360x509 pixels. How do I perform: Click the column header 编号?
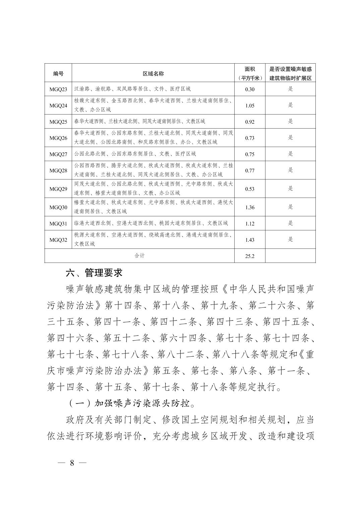(x=58, y=73)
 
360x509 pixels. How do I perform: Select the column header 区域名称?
(x=153, y=73)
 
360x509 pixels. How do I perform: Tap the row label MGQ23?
(x=58, y=89)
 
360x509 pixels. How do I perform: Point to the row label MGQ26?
(x=58, y=138)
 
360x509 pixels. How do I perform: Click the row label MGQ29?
(x=58, y=189)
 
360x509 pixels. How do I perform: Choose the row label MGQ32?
(x=58, y=239)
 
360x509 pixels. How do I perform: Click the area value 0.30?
(x=250, y=89)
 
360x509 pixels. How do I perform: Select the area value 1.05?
(x=250, y=105)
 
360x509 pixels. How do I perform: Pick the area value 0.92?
(x=250, y=122)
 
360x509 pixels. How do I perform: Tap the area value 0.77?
(x=250, y=170)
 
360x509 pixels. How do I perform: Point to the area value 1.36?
(x=250, y=207)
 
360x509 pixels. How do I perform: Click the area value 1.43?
(x=250, y=240)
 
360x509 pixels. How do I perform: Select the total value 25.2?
(x=250, y=256)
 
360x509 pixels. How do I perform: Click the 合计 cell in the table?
(x=139, y=256)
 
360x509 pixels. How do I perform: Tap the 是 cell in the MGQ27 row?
(x=290, y=154)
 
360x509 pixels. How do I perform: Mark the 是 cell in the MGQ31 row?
(x=290, y=223)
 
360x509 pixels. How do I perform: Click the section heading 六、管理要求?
(x=94, y=273)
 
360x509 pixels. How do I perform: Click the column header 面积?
(x=250, y=69)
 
